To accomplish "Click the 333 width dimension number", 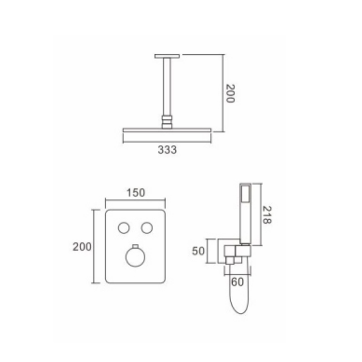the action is pos(167,150).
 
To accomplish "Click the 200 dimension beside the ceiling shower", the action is pos(230,93).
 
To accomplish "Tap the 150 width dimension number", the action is pos(136,193).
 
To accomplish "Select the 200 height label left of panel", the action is pos(82,247).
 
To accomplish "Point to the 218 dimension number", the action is pos(267,214).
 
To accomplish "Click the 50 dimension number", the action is pos(198,251).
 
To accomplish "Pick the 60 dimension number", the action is pos(237,282).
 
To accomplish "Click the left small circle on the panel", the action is pos(124,228).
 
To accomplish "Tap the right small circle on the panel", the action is pos(147,228).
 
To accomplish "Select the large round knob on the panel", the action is pos(135,257).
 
